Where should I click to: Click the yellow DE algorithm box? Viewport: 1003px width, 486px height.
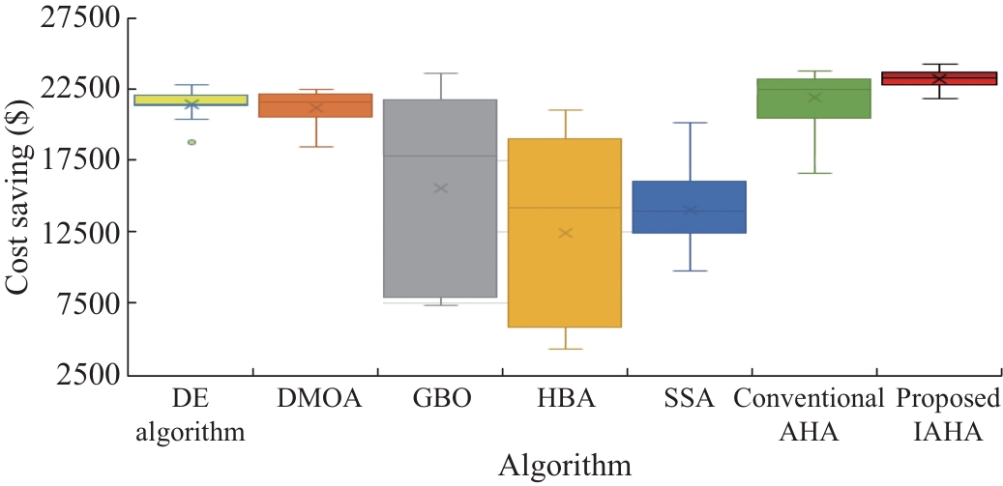tap(191, 100)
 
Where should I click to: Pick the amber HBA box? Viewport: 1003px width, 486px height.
tap(565, 271)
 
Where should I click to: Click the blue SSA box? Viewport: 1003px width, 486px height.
tap(690, 207)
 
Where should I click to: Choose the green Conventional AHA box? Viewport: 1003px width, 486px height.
tap(814, 99)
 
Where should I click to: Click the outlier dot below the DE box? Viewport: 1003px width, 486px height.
tap(192, 142)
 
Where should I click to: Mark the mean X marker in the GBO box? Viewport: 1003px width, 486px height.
tap(440, 187)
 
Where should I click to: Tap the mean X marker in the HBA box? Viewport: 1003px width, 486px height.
tap(565, 233)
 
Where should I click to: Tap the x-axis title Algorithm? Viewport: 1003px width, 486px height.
tap(565, 466)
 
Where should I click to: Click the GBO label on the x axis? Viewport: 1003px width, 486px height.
tap(440, 400)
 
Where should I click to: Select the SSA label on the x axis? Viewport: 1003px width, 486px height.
tap(690, 400)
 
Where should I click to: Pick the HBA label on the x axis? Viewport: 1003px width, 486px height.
tap(565, 400)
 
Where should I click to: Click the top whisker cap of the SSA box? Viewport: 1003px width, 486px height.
tap(690, 123)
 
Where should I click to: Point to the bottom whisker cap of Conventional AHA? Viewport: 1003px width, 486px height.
tap(814, 173)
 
